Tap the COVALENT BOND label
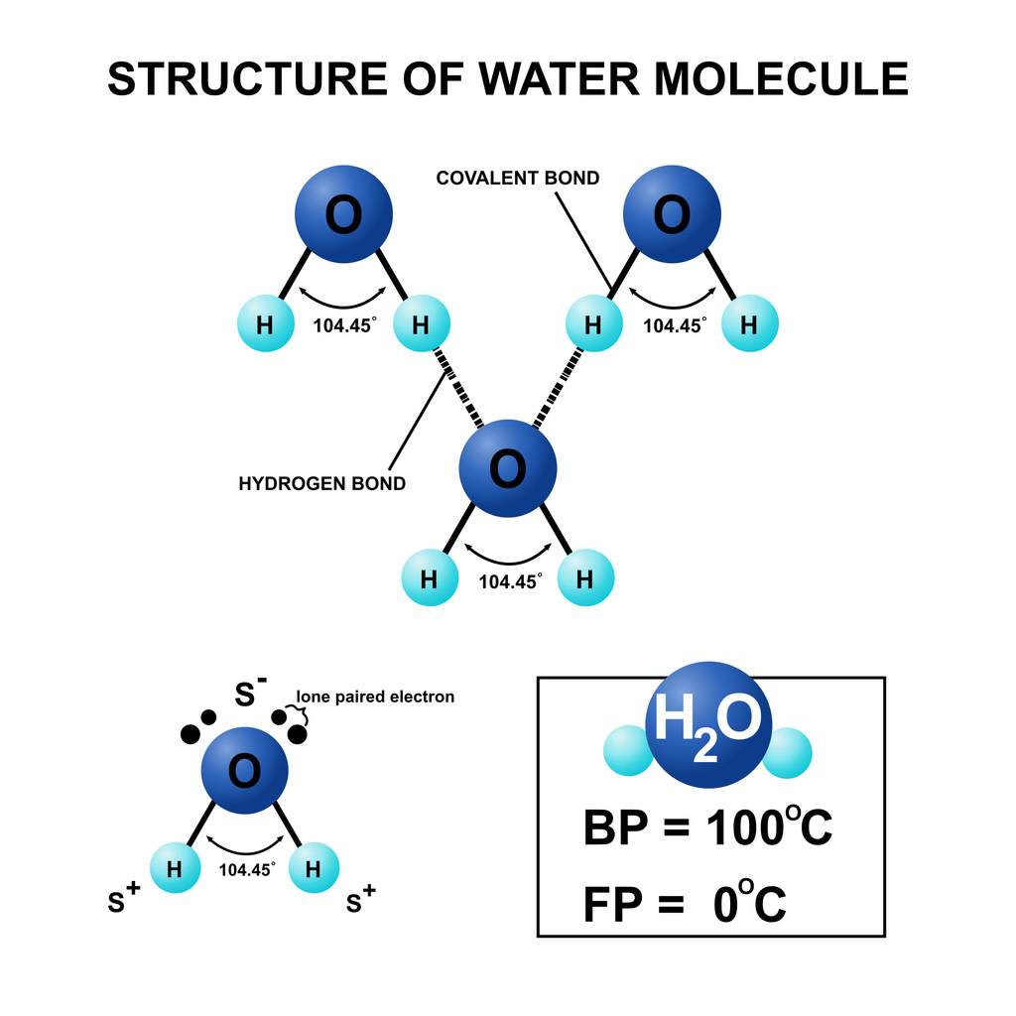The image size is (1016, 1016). point(518,179)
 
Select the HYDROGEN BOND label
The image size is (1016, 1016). point(322,484)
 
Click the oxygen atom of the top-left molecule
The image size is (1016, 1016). point(344,214)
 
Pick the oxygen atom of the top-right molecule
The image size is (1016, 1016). point(672,214)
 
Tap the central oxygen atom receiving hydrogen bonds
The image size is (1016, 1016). point(508,468)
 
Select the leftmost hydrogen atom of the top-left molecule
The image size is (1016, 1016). point(266,323)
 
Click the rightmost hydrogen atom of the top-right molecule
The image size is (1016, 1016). point(750,323)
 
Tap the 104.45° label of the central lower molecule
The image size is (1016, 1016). point(509,582)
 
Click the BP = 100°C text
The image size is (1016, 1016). point(707,829)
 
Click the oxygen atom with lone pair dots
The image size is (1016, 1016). point(245,769)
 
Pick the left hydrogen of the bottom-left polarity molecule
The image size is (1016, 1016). point(176,869)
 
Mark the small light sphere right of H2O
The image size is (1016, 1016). point(788,752)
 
